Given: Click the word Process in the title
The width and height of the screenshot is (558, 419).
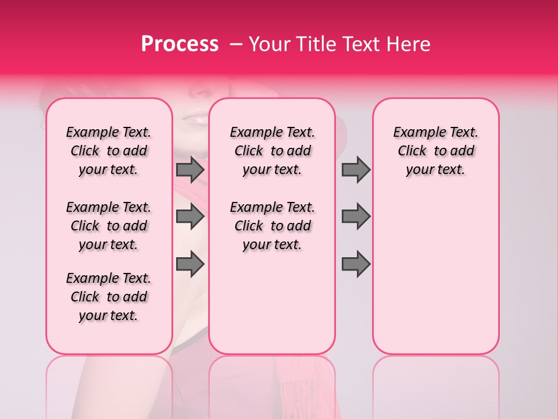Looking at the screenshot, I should (x=179, y=44).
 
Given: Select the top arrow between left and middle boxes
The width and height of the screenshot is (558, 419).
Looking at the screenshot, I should (x=190, y=169).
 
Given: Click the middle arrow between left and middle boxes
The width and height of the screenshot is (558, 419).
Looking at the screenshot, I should (x=190, y=216).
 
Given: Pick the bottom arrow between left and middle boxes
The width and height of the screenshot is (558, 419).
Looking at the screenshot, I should (x=190, y=264).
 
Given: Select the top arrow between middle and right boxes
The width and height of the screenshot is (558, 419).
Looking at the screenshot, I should (x=356, y=169).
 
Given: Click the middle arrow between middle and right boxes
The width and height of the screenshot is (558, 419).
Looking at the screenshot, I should (x=356, y=216).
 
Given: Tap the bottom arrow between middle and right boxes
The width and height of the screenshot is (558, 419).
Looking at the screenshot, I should (x=356, y=264).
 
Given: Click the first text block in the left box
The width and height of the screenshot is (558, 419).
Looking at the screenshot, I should (x=109, y=151).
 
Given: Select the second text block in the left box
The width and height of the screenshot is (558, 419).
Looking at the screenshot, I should (x=109, y=226).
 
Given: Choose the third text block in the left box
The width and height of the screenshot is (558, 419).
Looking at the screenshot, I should (x=109, y=297).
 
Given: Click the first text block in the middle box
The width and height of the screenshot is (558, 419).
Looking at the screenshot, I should (x=272, y=151).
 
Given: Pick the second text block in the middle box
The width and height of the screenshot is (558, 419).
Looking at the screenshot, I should (x=272, y=226).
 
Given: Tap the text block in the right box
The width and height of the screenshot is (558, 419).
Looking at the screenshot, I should (x=435, y=151).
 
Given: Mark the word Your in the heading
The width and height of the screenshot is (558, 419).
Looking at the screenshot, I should (x=269, y=44).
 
